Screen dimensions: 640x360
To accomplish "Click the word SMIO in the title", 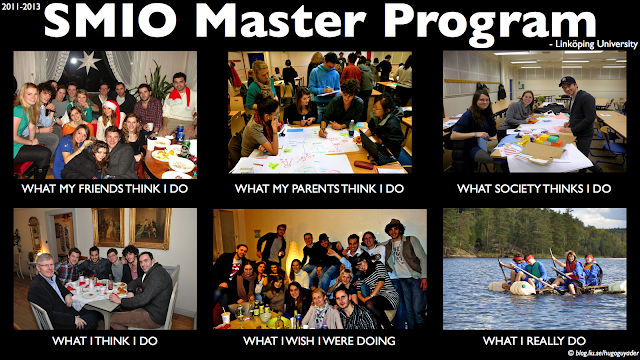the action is click(111, 20).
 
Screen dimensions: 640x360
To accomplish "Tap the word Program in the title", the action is click(490, 23).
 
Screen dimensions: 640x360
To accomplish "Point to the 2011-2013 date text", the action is click(21, 7).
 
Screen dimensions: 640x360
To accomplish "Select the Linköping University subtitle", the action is click(594, 44).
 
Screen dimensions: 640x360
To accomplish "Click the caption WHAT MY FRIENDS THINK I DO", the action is click(105, 189).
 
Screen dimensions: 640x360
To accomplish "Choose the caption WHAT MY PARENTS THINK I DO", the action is click(319, 189).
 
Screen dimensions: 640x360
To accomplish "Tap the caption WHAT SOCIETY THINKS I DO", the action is click(534, 189).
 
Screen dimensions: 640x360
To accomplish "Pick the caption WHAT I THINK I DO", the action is click(105, 341).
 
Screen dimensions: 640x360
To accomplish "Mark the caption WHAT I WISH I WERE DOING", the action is click(319, 341).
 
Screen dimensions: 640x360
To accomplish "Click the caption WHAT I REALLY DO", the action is click(534, 341).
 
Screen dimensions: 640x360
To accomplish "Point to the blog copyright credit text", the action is click(603, 353).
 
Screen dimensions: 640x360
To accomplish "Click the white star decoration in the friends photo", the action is click(89, 62).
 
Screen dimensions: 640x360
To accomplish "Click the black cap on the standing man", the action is click(567, 80).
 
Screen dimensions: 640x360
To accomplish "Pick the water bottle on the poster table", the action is click(351, 128).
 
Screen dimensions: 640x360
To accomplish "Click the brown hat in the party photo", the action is click(394, 225).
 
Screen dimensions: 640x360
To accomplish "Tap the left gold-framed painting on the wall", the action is click(108, 227).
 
